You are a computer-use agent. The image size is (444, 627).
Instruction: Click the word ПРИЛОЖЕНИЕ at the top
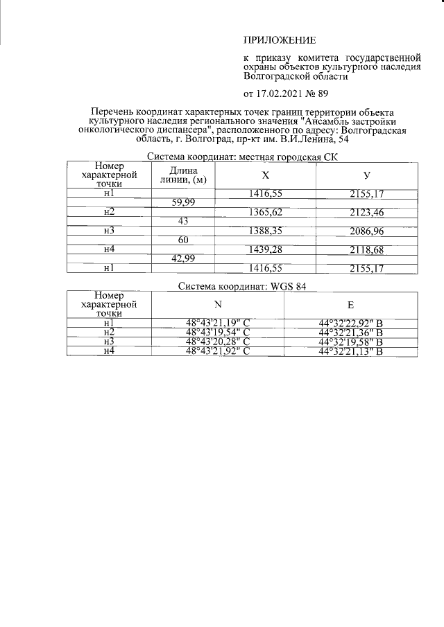click(279, 40)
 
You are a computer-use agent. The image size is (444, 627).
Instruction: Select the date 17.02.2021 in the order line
click(283, 94)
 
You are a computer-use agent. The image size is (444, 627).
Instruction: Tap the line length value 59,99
click(183, 202)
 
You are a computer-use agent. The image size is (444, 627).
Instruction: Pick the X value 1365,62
click(265, 211)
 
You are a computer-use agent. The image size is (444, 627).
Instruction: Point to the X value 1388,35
click(265, 230)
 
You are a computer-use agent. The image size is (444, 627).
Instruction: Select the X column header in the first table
click(265, 175)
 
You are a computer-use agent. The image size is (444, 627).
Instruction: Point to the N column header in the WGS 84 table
click(217, 303)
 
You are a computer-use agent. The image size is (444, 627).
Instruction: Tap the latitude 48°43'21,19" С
click(217, 323)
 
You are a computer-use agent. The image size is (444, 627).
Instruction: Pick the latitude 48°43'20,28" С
click(217, 342)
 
